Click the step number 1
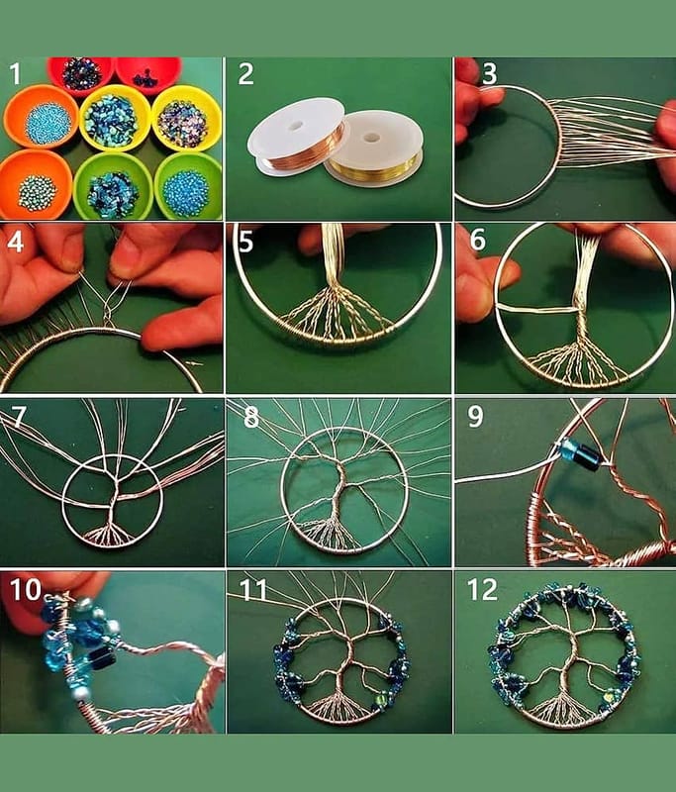click(x=15, y=74)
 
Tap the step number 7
click(x=17, y=417)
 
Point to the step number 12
click(x=482, y=589)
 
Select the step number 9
click(x=475, y=417)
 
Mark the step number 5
click(x=245, y=242)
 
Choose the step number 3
click(x=489, y=73)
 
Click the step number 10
click(x=26, y=589)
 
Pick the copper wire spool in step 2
click(x=297, y=138)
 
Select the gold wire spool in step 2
click(x=373, y=148)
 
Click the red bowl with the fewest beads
click(x=148, y=75)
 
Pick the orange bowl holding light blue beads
click(x=41, y=117)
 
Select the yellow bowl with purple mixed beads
click(x=187, y=119)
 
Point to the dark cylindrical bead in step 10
click(x=102, y=656)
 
